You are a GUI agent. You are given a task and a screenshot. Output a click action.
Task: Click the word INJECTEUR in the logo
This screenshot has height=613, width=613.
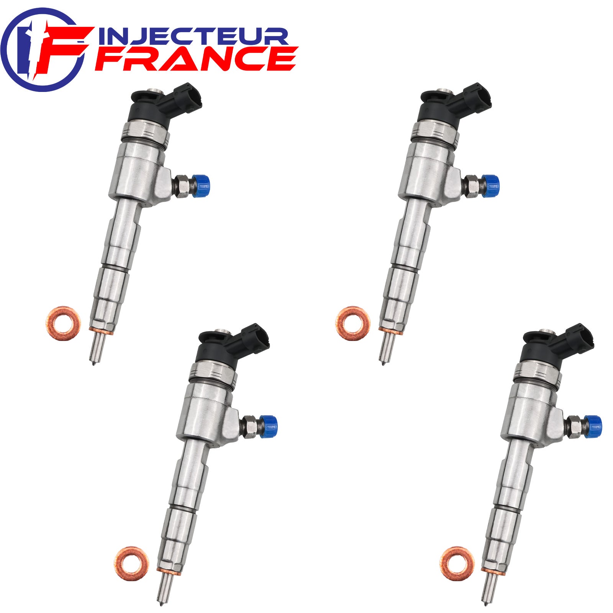(x=193, y=37)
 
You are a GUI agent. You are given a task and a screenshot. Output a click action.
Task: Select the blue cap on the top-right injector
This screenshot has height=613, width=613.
(x=491, y=186)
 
